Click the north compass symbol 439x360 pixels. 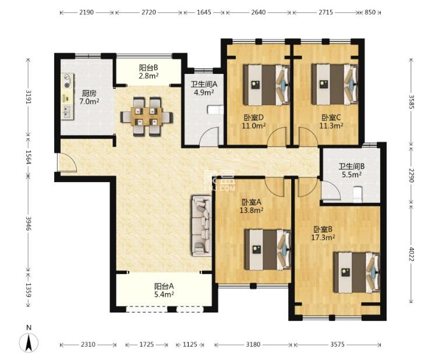point(27,341)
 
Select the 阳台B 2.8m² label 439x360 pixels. point(148,72)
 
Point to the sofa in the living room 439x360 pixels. point(201,226)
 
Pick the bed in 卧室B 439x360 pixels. point(356,272)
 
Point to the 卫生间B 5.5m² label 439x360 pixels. point(352,170)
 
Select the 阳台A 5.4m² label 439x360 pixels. point(164,290)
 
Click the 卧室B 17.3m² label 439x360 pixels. point(324,233)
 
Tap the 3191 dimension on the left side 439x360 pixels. point(27,96)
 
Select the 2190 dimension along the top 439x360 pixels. point(87,12)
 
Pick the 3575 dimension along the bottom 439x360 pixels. point(338,344)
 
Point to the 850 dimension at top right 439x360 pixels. point(370,12)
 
